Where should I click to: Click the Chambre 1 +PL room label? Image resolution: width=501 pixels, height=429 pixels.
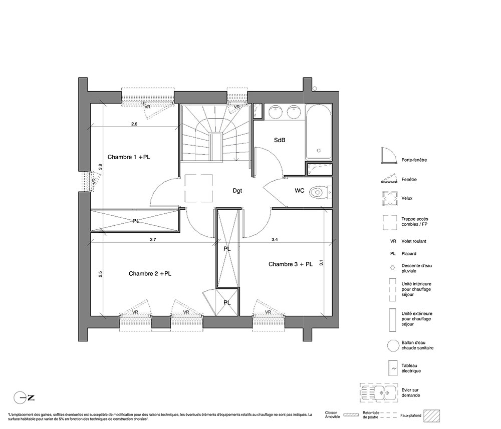tap(128, 157)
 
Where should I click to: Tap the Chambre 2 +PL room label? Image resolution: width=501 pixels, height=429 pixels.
tap(150, 273)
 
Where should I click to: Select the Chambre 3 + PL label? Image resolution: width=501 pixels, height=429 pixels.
tap(291, 264)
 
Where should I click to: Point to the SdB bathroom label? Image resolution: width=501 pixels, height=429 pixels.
tap(280, 140)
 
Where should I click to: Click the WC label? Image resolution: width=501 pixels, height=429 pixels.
tap(300, 191)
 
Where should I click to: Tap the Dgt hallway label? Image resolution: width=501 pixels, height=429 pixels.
tap(237, 191)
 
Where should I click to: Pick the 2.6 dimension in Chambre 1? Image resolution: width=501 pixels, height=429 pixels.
tap(134, 124)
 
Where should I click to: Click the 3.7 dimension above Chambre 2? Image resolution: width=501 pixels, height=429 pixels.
tap(153, 239)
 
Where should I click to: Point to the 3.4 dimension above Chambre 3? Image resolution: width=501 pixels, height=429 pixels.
tap(275, 239)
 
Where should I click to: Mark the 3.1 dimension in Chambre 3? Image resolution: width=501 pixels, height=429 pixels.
tap(321, 263)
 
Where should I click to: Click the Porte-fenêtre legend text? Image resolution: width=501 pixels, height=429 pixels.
tap(414, 160)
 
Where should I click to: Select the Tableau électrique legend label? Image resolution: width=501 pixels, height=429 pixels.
tap(411, 368)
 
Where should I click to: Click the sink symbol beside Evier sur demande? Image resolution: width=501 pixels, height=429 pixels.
tap(379, 392)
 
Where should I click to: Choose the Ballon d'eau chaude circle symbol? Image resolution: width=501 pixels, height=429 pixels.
tap(393, 345)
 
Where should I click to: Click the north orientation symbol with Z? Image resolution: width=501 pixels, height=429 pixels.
tap(24, 398)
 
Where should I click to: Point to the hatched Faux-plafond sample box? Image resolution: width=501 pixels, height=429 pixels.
tap(431, 416)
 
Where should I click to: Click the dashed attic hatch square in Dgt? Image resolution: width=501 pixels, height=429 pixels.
tap(199, 188)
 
